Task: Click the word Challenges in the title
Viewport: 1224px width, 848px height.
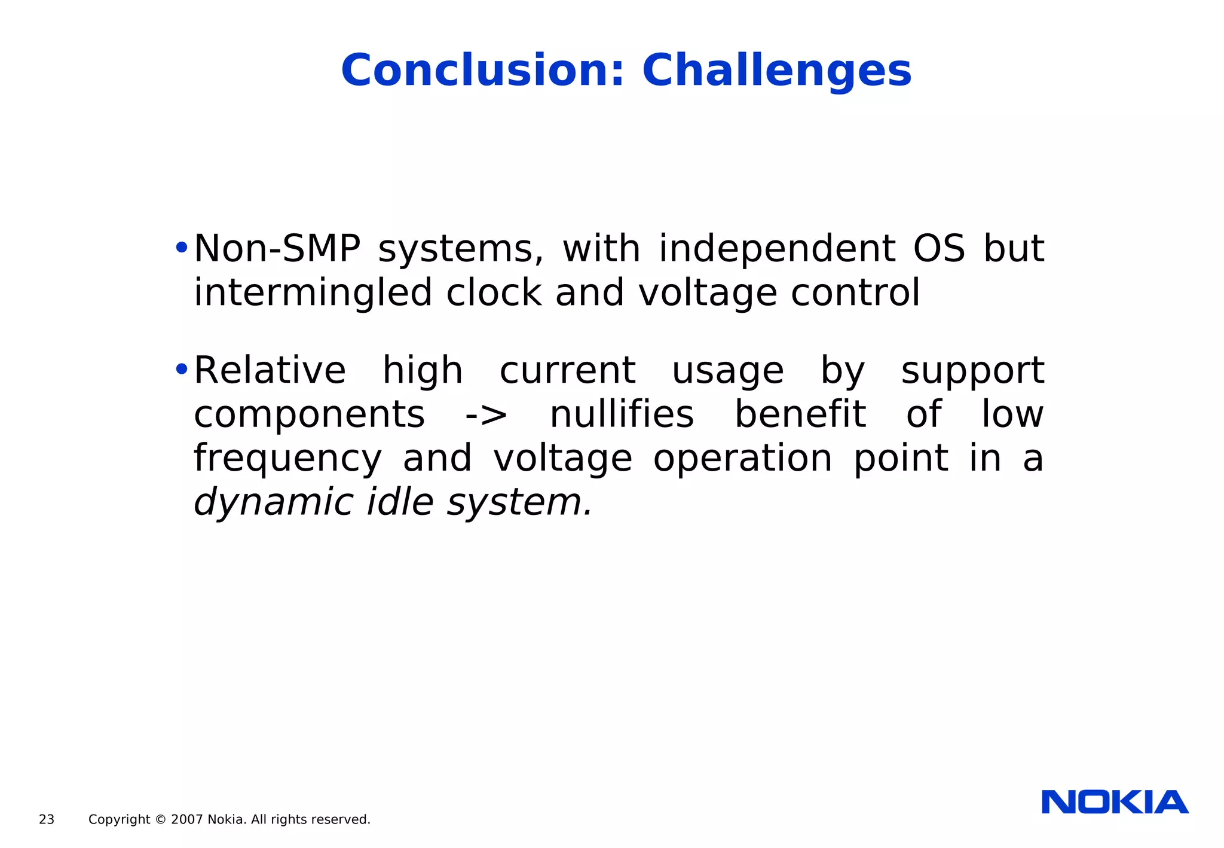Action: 776,71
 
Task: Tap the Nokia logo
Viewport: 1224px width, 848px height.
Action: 1115,802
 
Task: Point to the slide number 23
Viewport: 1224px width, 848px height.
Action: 47,820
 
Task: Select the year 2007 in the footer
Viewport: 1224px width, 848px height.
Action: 187,820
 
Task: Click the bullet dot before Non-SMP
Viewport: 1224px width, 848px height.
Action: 182,248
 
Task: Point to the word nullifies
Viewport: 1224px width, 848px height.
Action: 622,414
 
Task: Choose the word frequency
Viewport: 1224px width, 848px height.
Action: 287,459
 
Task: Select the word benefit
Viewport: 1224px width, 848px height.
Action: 800,414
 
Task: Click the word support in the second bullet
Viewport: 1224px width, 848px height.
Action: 972,371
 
